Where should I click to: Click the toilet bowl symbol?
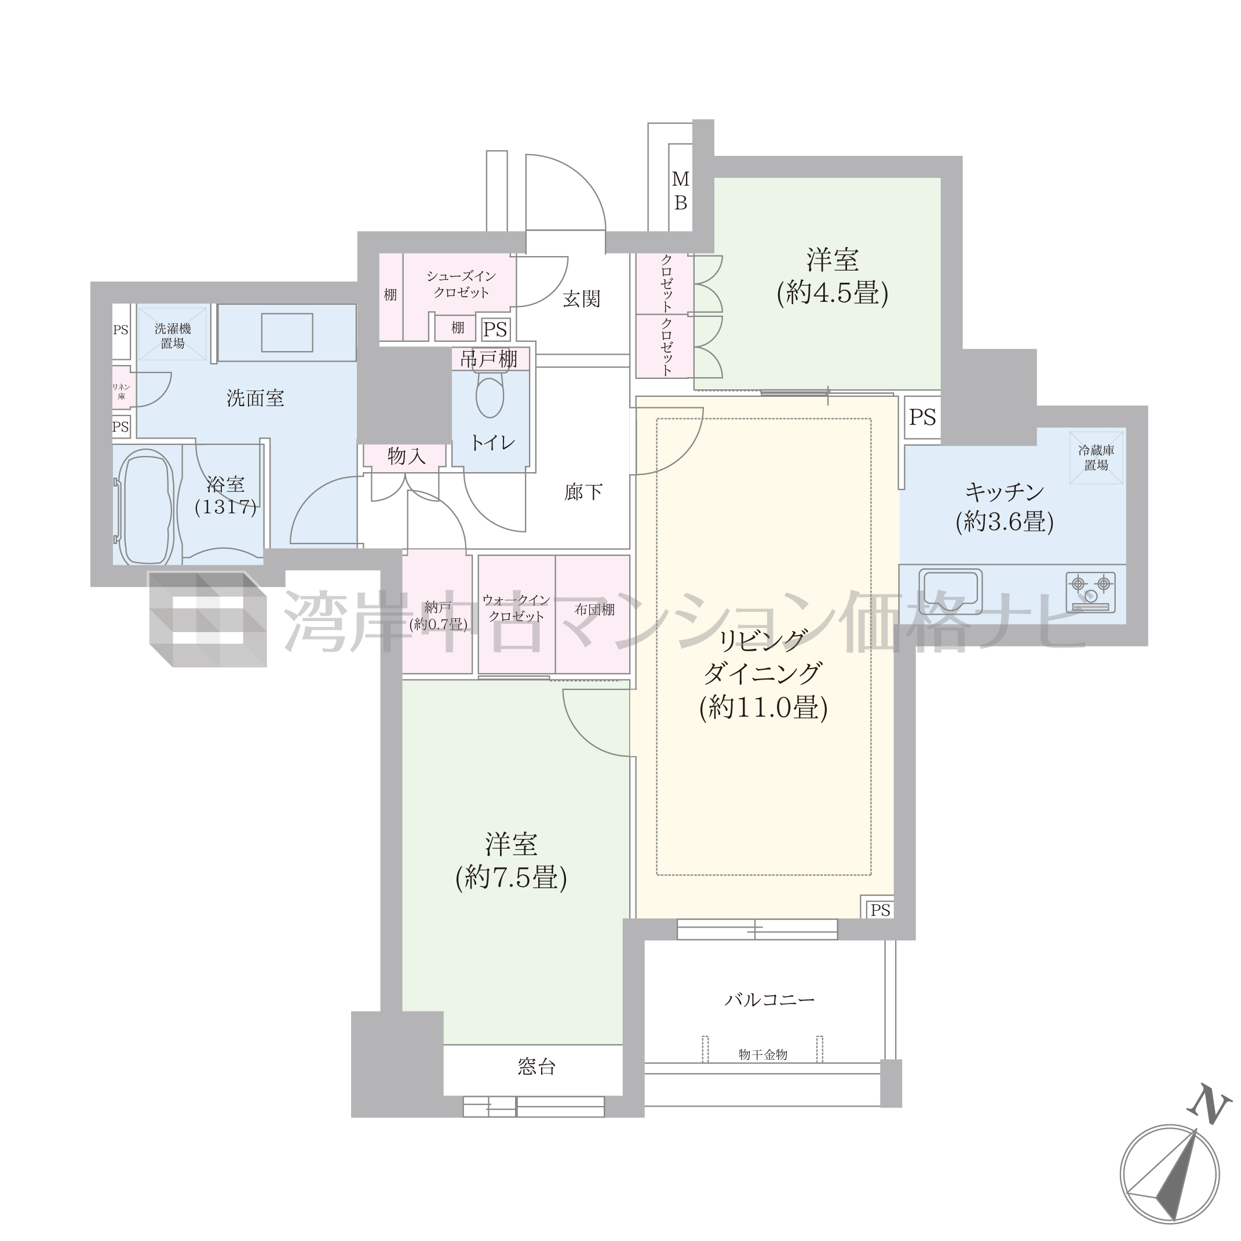point(490,397)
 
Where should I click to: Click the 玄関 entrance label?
point(581,299)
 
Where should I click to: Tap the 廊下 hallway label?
point(583,492)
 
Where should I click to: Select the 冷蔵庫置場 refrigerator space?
point(1097,457)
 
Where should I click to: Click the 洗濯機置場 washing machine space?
point(173,335)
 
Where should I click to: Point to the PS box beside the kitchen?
point(922,418)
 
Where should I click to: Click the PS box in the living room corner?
point(880,910)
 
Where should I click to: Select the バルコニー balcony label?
point(769,999)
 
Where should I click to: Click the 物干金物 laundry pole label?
point(762,1054)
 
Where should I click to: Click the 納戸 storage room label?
point(437,615)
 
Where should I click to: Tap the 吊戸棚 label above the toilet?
point(490,359)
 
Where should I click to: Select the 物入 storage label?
point(406,456)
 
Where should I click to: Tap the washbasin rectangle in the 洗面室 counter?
point(287,332)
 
